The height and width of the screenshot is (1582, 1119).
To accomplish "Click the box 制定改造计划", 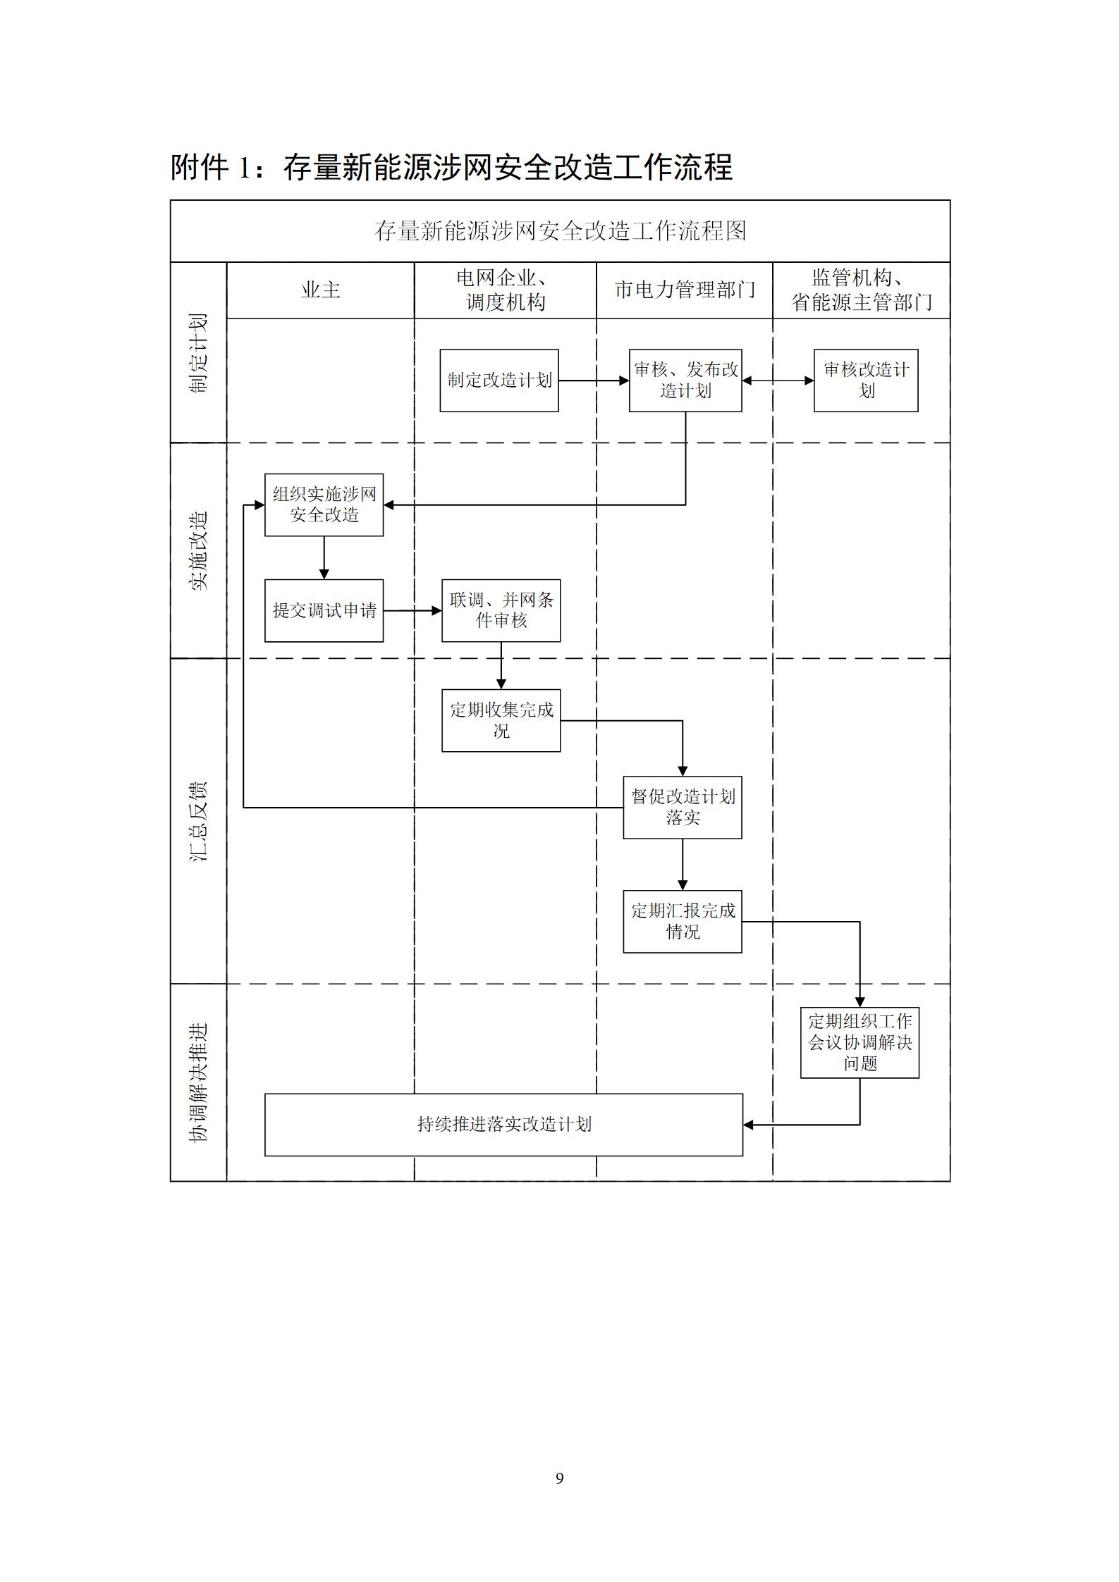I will click(499, 381).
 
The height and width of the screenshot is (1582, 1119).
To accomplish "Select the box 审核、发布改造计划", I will click(685, 381).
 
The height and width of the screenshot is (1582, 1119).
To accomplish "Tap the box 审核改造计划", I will click(866, 381).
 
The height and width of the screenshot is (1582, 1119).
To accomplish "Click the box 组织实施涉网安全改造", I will click(324, 505).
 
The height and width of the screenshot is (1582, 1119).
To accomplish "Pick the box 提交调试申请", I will click(324, 610).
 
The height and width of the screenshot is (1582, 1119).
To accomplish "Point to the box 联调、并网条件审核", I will click(501, 610).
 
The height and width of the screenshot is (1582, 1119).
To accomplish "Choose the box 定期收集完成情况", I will click(501, 720).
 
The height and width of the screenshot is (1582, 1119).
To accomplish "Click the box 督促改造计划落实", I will click(683, 807).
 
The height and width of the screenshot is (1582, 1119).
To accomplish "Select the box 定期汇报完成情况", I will click(683, 922).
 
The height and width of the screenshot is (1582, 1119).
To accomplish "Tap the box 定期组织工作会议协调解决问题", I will click(860, 1042).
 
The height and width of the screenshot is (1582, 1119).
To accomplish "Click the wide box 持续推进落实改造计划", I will click(503, 1125).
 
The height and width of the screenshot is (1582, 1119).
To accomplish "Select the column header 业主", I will click(321, 290).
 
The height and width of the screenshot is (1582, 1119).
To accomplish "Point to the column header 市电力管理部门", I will click(685, 290).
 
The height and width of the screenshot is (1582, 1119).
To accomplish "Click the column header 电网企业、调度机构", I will click(506, 290).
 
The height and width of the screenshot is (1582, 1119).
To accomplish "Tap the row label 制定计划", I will click(199, 353).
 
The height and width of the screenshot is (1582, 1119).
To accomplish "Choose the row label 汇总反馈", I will click(199, 821).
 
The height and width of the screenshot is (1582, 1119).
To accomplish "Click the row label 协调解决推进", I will click(199, 1082).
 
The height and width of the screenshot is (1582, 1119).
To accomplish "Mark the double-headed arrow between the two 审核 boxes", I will click(778, 381).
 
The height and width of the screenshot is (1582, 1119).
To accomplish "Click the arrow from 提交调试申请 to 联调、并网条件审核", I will click(412, 610).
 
